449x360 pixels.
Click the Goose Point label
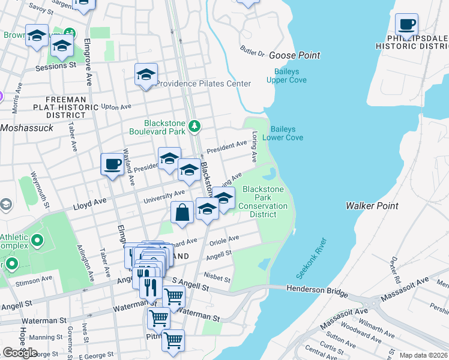click(x=294, y=55)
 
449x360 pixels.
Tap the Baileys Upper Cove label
click(x=286, y=76)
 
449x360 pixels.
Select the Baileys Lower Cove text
click(x=286, y=133)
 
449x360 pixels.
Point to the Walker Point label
click(x=372, y=206)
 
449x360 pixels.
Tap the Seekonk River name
click(x=311, y=258)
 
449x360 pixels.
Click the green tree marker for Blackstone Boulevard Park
click(x=194, y=126)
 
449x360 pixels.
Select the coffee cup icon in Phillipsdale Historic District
click(x=407, y=25)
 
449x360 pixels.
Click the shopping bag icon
click(x=182, y=212)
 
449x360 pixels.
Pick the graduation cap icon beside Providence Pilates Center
click(x=146, y=75)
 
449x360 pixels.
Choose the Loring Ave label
click(x=255, y=147)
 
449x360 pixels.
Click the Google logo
click(x=20, y=353)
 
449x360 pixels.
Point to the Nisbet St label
click(x=217, y=278)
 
